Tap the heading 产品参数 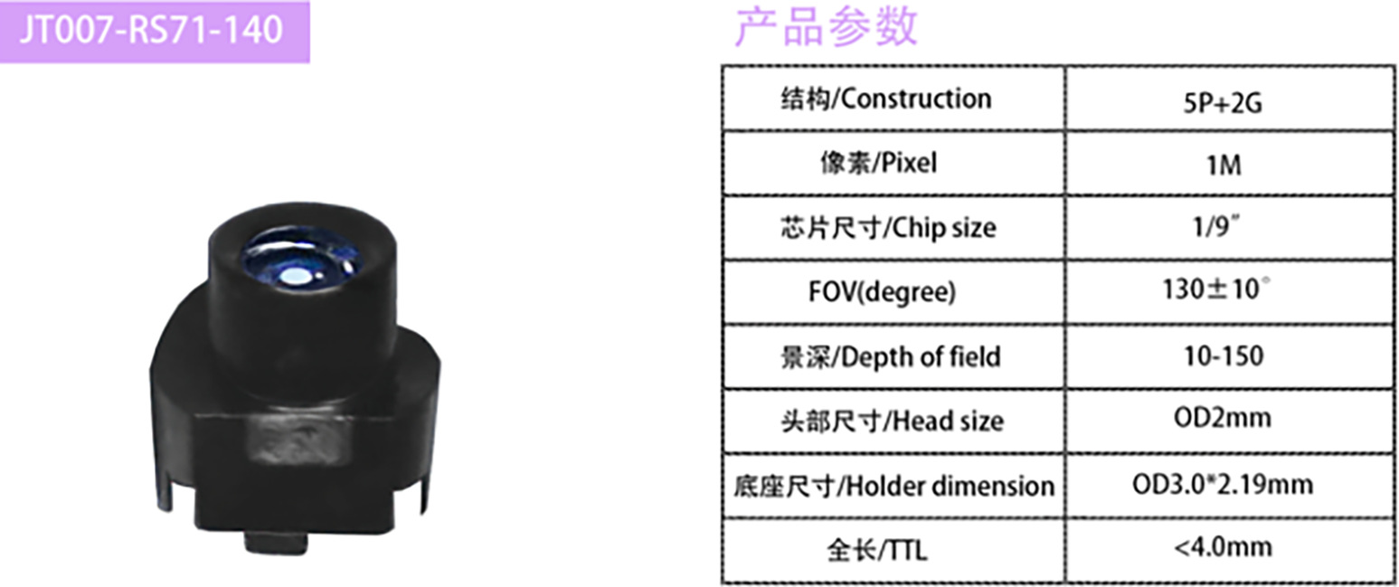coord(825,26)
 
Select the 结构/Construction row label coord(885,99)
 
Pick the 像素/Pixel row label coord(885,164)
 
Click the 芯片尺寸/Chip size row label coord(886,228)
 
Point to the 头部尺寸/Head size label coord(891,421)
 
